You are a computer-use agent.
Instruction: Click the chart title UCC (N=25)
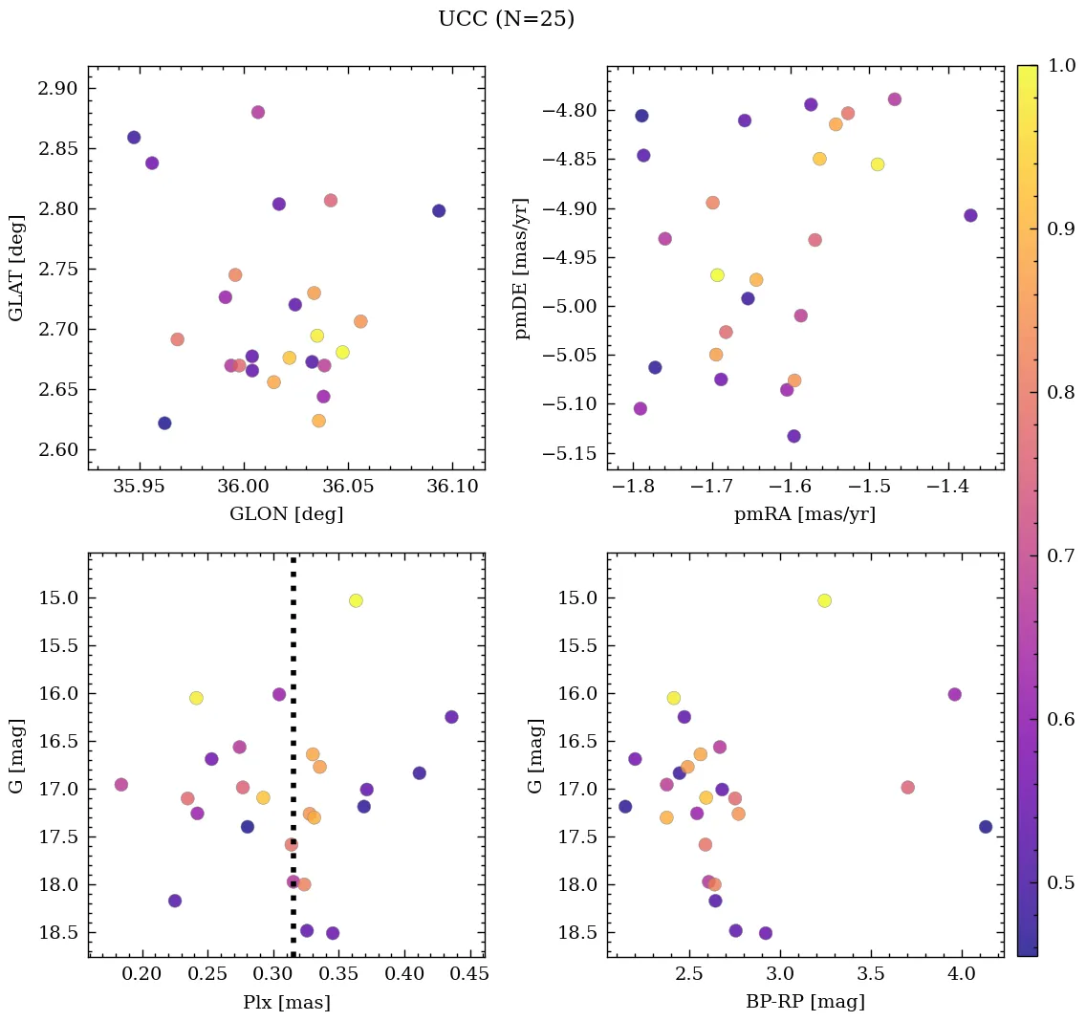pyautogui.click(x=506, y=19)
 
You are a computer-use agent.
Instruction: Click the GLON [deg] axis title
pyautogui.click(x=286, y=514)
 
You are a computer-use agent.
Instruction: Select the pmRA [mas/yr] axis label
pyautogui.click(x=804, y=514)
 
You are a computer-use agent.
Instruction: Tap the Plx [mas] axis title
pyautogui.click(x=286, y=1002)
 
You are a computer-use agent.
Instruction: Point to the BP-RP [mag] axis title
pyautogui.click(x=804, y=1002)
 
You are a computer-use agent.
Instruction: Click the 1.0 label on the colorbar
pyautogui.click(x=1061, y=65)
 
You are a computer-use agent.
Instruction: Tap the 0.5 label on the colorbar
pyautogui.click(x=1061, y=882)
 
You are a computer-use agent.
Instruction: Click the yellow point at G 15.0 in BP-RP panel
pyautogui.click(x=824, y=600)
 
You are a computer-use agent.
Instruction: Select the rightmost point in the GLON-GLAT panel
pyautogui.click(x=439, y=210)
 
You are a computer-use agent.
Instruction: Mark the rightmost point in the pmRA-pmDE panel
pyautogui.click(x=970, y=215)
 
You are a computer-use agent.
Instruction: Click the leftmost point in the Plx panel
pyautogui.click(x=121, y=785)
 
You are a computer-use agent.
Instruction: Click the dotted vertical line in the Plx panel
pyautogui.click(x=293, y=669)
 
